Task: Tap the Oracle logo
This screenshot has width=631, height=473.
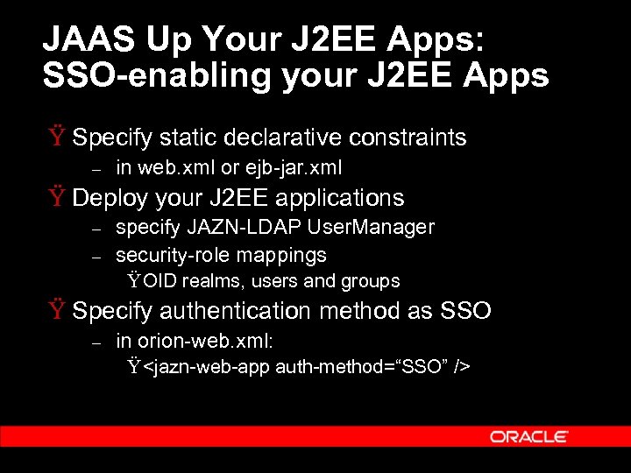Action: pos(528,436)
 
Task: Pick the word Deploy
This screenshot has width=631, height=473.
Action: pos(106,198)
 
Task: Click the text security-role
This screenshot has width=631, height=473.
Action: pos(168,255)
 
